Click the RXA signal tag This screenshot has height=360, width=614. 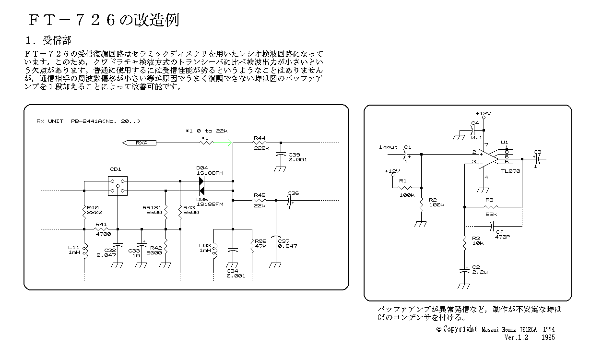coord(140,143)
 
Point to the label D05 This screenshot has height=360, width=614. coord(201,199)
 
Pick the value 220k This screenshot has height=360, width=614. coord(261,148)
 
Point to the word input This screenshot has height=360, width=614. coord(388,147)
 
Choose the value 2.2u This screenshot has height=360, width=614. coord(480,272)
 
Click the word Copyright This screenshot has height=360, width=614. coord(460,329)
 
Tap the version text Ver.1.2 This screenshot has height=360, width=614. coord(516,337)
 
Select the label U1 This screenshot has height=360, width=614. coord(504,142)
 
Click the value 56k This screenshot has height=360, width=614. coord(491,214)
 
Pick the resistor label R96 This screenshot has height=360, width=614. coord(260,241)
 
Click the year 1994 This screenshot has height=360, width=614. coord(549,330)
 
